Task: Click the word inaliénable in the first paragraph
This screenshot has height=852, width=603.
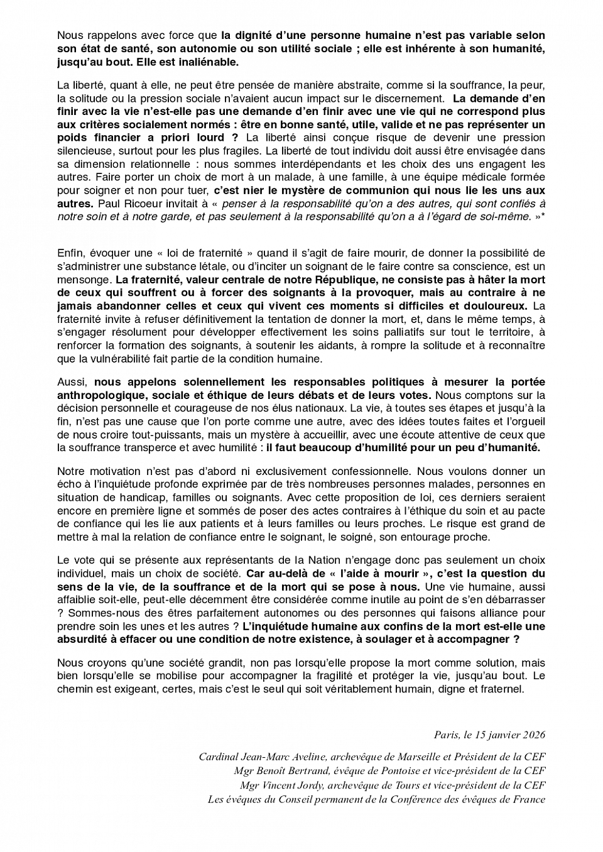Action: click(x=211, y=62)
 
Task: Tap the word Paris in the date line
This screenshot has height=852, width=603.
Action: click(x=446, y=735)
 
